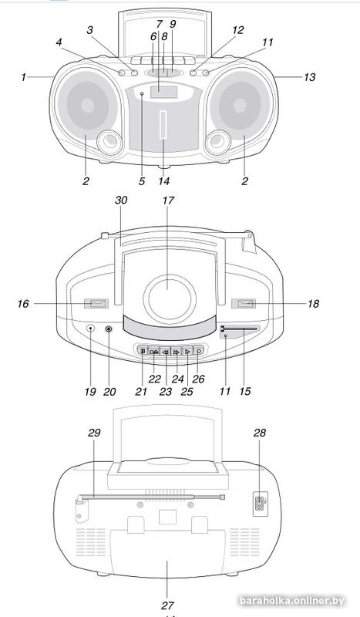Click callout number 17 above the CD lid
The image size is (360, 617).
click(167, 200)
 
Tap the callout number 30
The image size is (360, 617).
click(120, 200)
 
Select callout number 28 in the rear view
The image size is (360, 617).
click(261, 433)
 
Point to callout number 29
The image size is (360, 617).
click(95, 433)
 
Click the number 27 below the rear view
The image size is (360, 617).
click(167, 605)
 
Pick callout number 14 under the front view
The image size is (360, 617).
click(163, 182)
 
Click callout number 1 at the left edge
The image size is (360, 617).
click(24, 77)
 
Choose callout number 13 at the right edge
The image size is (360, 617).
click(310, 77)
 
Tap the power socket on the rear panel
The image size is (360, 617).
click(258, 506)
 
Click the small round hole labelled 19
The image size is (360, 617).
click(90, 329)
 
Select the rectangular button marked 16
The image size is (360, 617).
click(99, 304)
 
